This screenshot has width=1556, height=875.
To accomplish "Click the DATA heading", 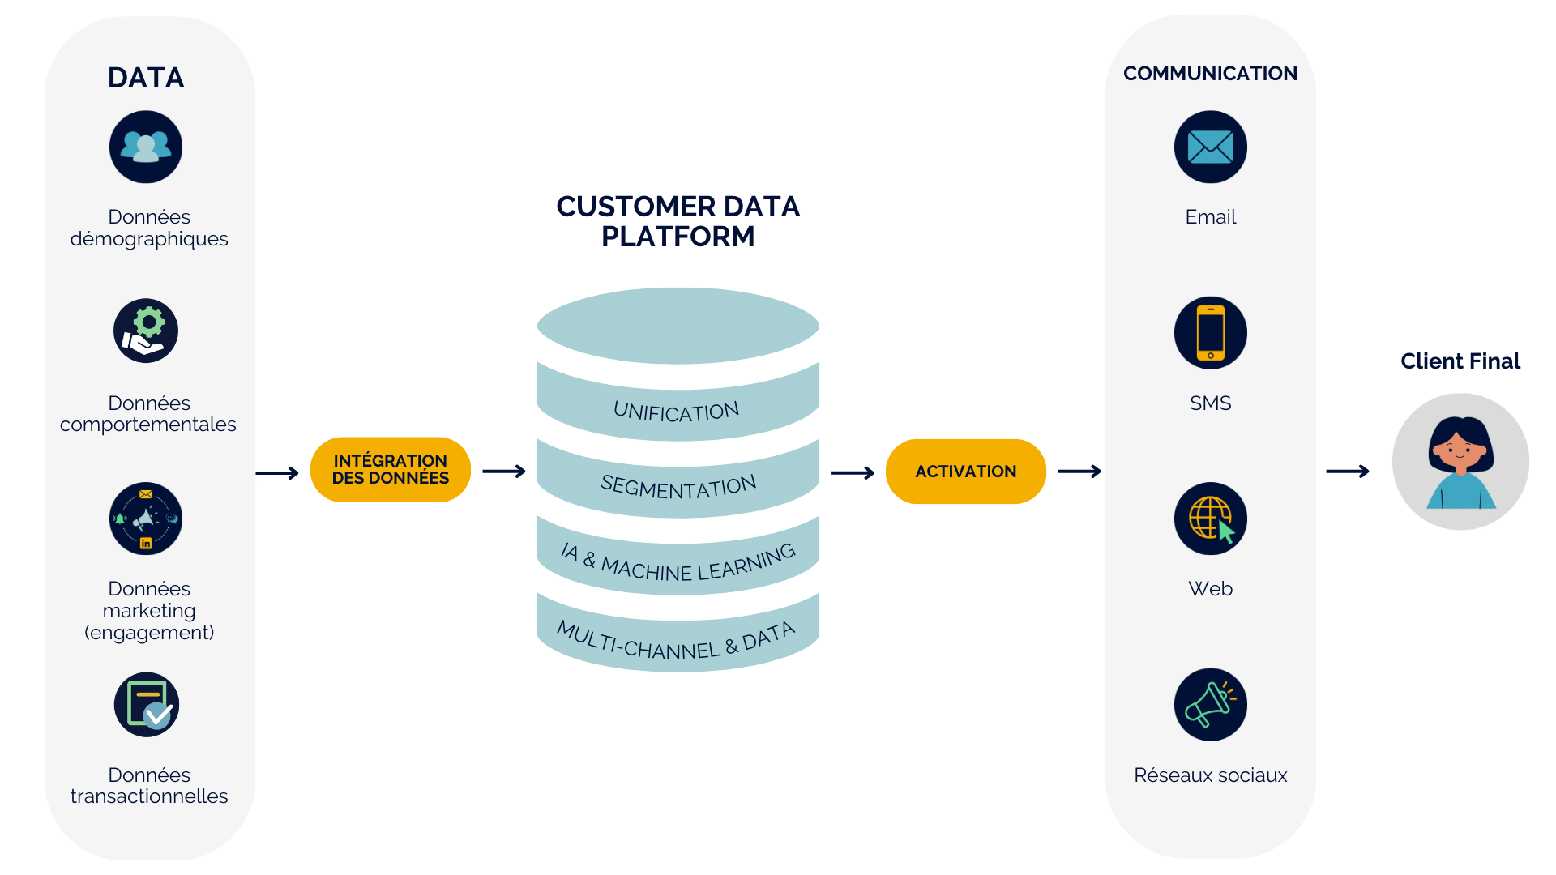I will [146, 78].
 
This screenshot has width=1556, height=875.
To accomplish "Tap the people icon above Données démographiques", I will [146, 147].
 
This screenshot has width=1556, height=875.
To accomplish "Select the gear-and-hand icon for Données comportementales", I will [146, 331].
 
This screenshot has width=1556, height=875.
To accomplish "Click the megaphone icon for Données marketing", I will [146, 519].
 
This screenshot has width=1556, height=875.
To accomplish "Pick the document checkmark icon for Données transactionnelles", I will [147, 704].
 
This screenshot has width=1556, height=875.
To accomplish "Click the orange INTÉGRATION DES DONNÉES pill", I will [390, 470].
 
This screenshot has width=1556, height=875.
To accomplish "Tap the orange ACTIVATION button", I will [965, 472].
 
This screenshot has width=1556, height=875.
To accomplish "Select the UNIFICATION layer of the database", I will [677, 412].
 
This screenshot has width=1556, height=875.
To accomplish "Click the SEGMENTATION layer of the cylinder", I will [678, 487].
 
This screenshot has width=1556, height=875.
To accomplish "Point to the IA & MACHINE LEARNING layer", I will [678, 564].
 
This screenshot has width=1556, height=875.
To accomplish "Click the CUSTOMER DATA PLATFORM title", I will [678, 221].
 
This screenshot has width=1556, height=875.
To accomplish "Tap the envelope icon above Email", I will [1210, 147].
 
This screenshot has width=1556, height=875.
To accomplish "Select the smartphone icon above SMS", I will [1210, 332].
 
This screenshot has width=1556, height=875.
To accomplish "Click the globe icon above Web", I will [1210, 519].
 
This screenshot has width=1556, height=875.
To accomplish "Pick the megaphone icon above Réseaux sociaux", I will [1210, 704].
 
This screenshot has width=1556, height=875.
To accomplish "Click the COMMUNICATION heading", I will [1210, 74].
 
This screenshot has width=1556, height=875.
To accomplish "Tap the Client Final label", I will [1460, 361].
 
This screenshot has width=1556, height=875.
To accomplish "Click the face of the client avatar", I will [1460, 450].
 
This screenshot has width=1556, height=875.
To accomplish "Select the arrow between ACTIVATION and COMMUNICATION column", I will [1079, 472].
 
